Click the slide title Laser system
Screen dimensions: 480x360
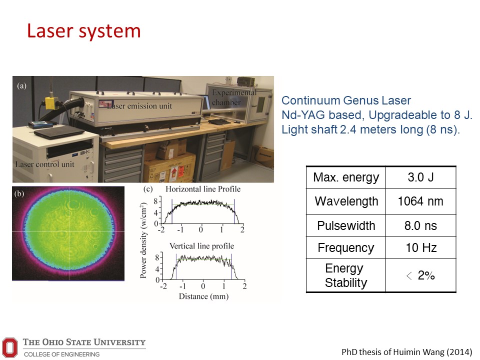[84, 31]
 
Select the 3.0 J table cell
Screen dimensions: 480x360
[420, 177]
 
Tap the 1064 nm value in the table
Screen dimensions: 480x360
[420, 201]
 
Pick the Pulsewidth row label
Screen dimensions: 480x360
[346, 225]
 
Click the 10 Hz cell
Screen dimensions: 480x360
[421, 247]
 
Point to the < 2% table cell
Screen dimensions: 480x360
[420, 275]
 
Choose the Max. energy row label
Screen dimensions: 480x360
[346, 177]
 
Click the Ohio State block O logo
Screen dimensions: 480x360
[10, 347]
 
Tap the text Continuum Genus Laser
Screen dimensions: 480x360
[346, 100]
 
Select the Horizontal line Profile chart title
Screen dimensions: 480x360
[203, 189]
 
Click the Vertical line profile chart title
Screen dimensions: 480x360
[201, 246]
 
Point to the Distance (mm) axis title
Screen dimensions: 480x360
[203, 296]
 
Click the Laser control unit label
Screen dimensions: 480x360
[44, 164]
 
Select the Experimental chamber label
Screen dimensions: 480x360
[234, 97]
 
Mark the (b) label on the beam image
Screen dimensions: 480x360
[19, 193]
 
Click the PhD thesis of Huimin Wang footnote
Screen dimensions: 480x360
[407, 351]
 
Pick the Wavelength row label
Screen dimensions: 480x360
[346, 201]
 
